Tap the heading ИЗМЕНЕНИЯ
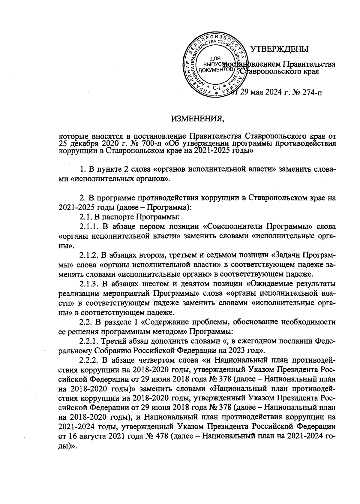click(x=198, y=120)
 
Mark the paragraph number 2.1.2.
click(x=88, y=256)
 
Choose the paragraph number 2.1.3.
click(x=88, y=284)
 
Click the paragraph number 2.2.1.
click(x=88, y=341)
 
